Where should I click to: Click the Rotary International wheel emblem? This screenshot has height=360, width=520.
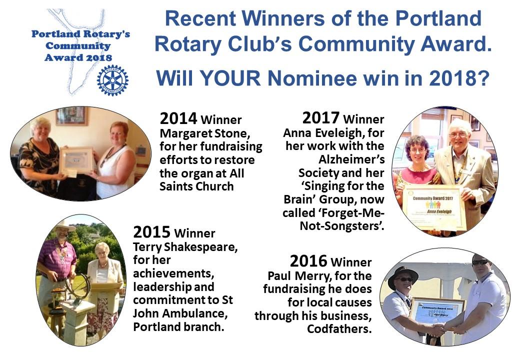click(113, 80)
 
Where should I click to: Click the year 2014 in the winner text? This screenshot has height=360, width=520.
click(178, 118)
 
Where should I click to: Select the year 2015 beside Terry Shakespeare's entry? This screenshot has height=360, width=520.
click(152, 232)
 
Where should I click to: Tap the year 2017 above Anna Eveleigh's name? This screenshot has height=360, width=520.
click(320, 117)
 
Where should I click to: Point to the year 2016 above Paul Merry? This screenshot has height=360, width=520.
click(308, 261)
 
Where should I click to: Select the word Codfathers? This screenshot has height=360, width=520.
click(339, 329)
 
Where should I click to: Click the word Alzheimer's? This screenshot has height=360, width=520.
click(351, 159)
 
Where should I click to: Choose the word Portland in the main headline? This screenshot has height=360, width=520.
click(438, 18)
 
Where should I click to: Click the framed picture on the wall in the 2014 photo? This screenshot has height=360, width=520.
click(72, 115)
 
